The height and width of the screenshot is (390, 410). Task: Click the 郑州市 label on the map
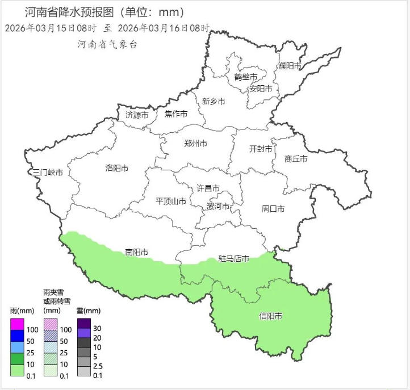[x=196, y=144]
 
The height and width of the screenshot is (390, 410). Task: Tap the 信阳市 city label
[x=271, y=316]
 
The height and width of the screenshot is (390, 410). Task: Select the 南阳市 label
[x=137, y=252]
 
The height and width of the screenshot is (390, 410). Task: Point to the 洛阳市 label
[x=117, y=168]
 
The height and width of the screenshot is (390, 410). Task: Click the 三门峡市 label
[x=47, y=172]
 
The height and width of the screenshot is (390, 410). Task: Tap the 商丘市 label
[x=296, y=159]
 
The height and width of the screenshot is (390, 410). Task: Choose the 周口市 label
[x=273, y=209]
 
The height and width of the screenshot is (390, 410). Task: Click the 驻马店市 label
[x=234, y=259]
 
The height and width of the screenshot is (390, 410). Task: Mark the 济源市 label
[x=137, y=115]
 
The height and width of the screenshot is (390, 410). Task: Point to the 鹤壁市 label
[x=245, y=77]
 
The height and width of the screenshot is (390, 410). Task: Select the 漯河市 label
[x=219, y=206]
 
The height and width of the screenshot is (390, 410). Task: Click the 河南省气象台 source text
[x=107, y=44]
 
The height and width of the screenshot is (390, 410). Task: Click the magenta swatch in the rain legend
[x=17, y=325]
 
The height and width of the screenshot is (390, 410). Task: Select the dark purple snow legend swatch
[x=83, y=324]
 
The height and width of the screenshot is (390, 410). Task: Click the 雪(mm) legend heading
[x=88, y=311]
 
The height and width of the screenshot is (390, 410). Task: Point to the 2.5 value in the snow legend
[x=98, y=365]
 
